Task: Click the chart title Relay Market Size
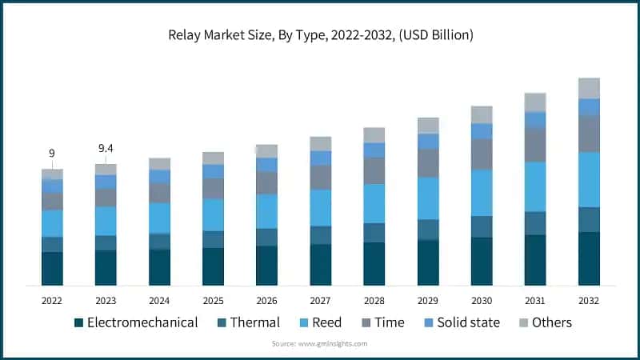click(x=320, y=35)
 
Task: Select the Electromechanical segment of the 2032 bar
click(x=589, y=258)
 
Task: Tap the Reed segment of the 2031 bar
click(x=535, y=186)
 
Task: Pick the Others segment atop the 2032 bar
click(x=589, y=88)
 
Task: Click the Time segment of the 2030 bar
click(x=482, y=154)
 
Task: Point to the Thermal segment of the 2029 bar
click(x=428, y=230)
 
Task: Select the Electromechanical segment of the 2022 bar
click(x=52, y=268)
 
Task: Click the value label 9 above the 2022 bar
click(x=52, y=153)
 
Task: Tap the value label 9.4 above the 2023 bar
click(x=106, y=148)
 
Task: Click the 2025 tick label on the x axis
click(x=213, y=300)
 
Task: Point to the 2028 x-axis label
click(x=374, y=300)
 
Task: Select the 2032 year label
click(x=589, y=300)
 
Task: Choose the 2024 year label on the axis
click(x=159, y=300)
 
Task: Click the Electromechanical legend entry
click(x=136, y=322)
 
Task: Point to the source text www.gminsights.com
click(x=320, y=343)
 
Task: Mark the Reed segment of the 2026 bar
click(x=266, y=211)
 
